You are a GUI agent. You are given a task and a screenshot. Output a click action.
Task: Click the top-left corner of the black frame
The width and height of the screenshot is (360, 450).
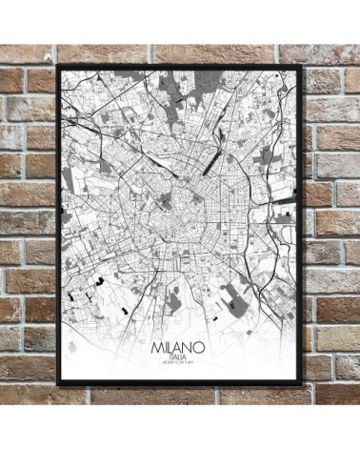(58, 65)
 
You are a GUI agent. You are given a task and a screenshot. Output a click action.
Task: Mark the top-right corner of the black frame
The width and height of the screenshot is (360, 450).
(304, 65)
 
